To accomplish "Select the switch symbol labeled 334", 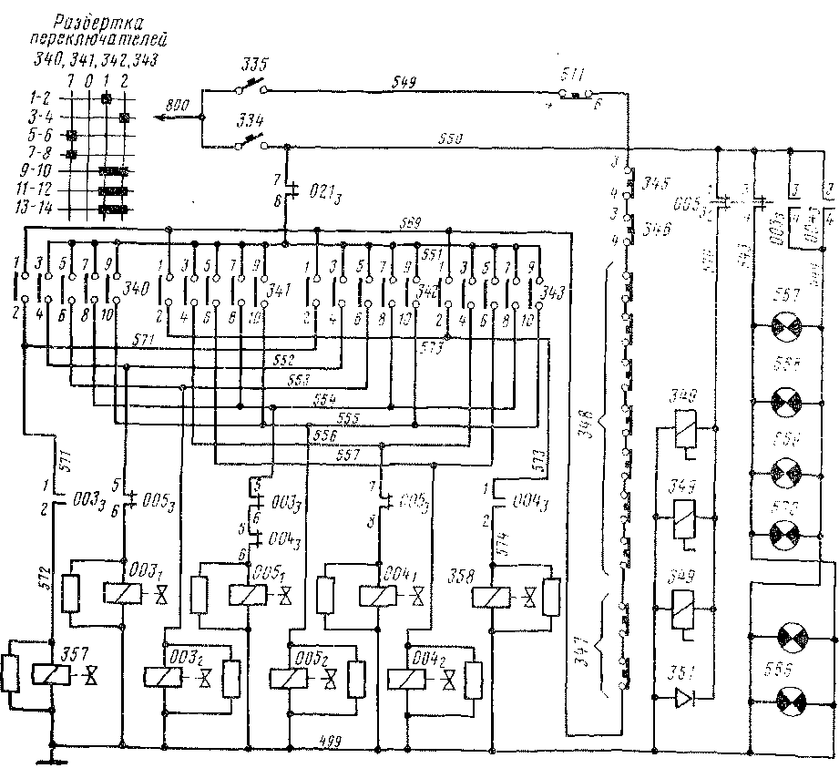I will [251, 142].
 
